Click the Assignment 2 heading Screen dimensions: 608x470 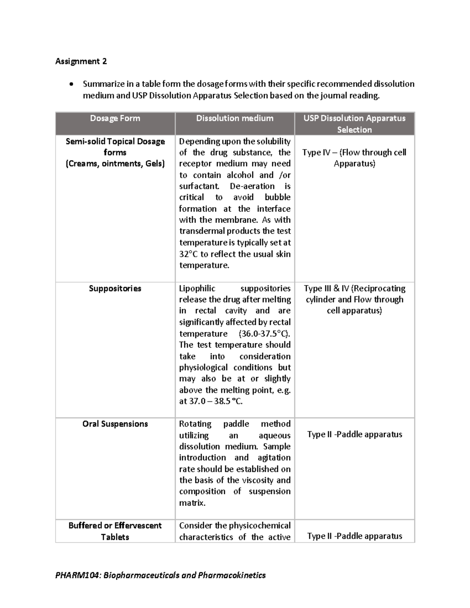81,61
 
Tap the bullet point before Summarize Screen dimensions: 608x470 70,85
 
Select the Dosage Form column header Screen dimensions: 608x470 115,118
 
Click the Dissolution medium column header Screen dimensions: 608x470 235,118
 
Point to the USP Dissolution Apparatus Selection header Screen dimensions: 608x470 354,124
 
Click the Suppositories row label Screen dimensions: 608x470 115,289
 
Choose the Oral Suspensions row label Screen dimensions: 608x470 115,424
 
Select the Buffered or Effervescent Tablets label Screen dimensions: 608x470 115,531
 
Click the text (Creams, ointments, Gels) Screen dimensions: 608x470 115,164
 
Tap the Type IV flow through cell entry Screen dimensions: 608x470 354,158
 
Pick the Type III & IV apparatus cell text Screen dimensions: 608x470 354,299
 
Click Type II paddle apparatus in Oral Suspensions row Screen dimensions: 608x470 354,435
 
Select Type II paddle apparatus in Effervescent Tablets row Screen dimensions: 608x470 354,536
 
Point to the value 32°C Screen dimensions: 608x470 188,254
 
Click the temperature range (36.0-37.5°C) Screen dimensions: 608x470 264,334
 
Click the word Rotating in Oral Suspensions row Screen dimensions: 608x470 195,424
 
